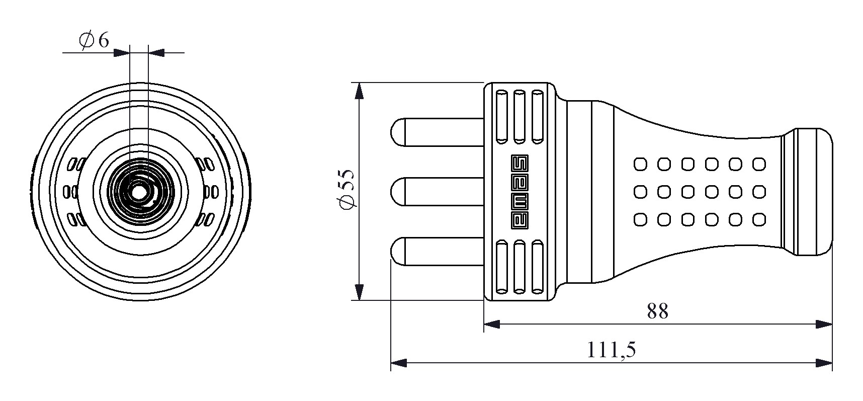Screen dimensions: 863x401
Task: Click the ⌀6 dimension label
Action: click(x=94, y=40)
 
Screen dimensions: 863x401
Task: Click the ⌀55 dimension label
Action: click(x=347, y=189)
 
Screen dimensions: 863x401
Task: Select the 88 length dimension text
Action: click(x=657, y=312)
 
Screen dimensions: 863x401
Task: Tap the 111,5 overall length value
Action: click(x=612, y=350)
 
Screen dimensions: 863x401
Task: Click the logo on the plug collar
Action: click(x=520, y=191)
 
